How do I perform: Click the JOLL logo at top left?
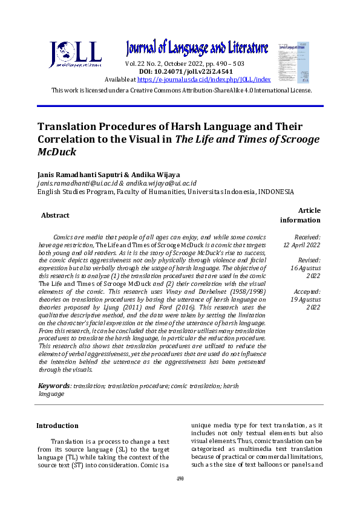[x=75, y=55]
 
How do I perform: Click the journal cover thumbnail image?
[x=293, y=62]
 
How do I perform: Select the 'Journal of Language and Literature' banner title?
[x=197, y=47]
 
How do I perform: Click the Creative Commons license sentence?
[x=182, y=90]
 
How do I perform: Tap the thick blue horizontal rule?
[x=180, y=106]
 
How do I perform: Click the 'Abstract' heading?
[x=55, y=215]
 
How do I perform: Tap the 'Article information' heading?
[x=300, y=215]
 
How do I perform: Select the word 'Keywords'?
[x=54, y=386]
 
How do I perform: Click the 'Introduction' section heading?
[x=57, y=426]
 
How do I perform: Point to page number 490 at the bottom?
[x=180, y=479]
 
